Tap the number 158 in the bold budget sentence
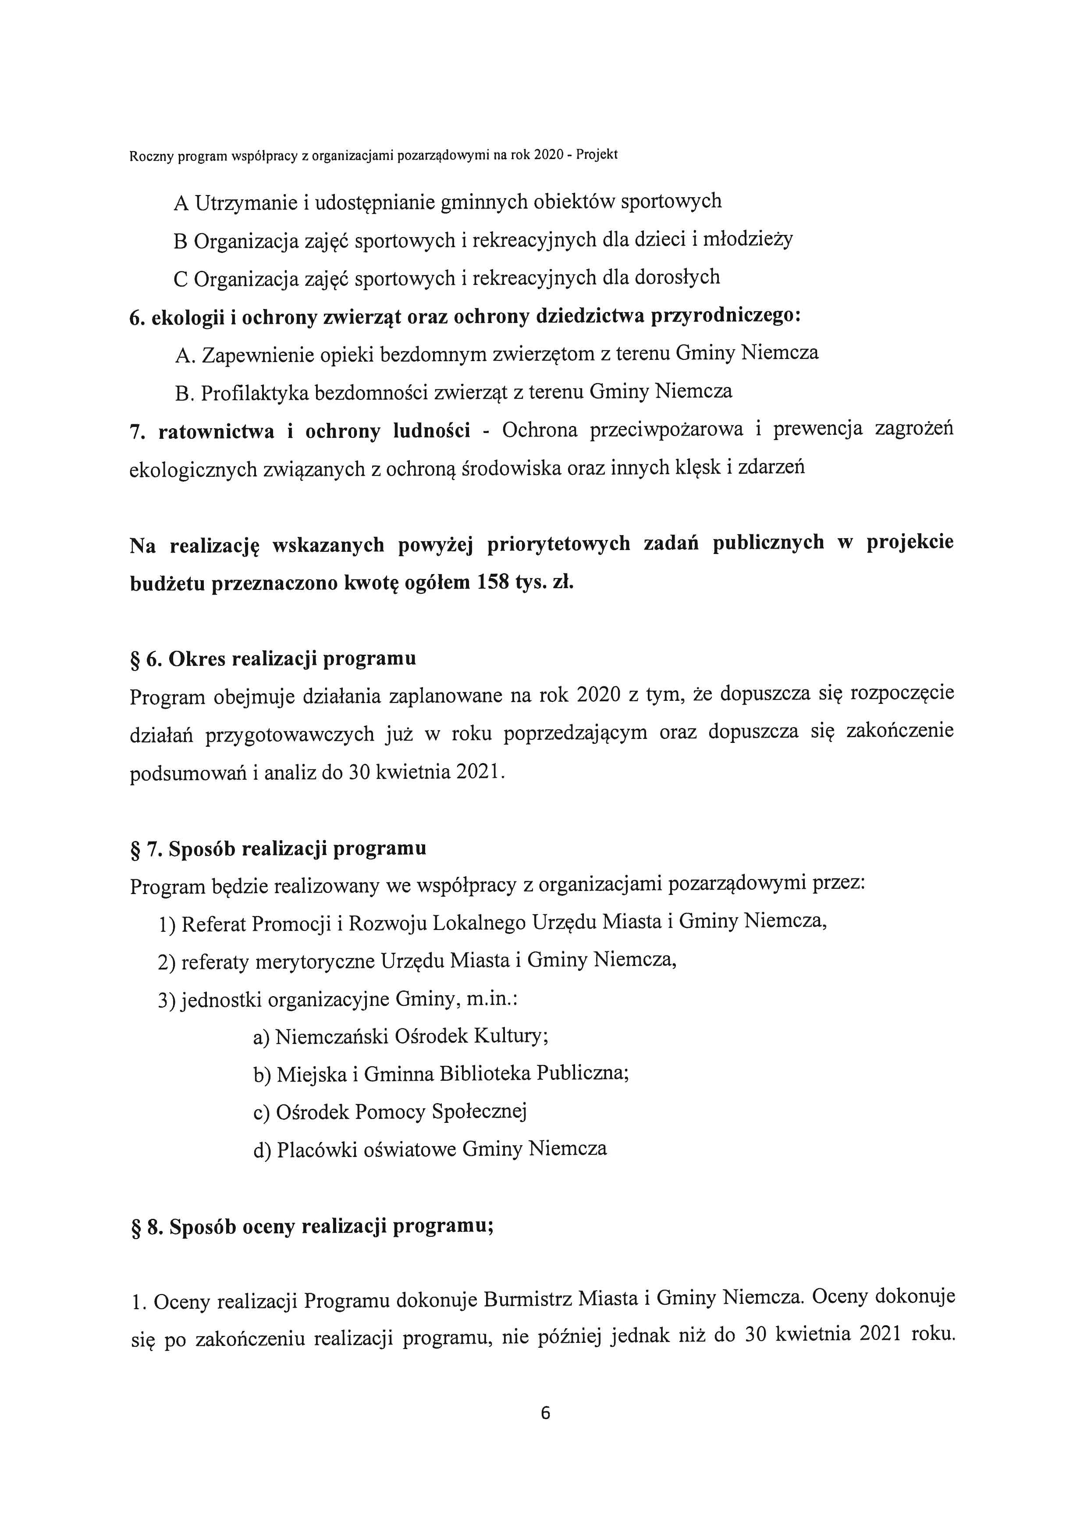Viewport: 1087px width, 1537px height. (x=493, y=582)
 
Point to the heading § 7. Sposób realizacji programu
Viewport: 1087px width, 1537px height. (x=278, y=849)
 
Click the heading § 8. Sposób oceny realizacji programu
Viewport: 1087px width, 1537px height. (x=311, y=1226)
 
